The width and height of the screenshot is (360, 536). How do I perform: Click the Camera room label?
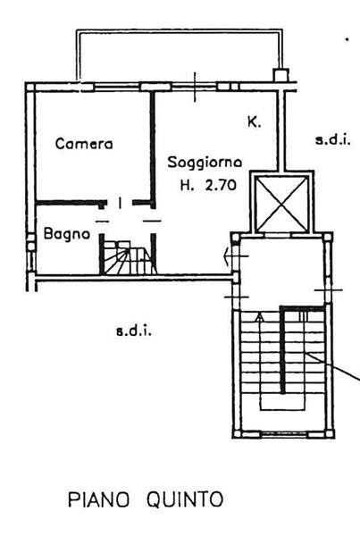click(x=84, y=144)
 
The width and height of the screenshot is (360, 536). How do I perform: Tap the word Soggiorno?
click(x=205, y=162)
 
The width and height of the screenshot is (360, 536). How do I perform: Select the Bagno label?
click(x=67, y=234)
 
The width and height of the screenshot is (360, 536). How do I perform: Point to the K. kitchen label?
click(x=254, y=122)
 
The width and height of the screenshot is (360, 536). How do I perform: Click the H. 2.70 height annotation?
click(x=208, y=185)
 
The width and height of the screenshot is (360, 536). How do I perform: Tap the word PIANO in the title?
click(x=99, y=499)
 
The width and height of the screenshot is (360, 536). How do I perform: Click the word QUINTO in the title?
click(x=185, y=499)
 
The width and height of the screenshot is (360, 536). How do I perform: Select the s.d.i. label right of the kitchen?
click(x=332, y=140)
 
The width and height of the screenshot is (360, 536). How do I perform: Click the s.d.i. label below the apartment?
click(x=134, y=331)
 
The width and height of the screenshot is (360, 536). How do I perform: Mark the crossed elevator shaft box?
click(x=281, y=203)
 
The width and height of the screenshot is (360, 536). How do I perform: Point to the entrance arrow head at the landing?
click(x=226, y=256)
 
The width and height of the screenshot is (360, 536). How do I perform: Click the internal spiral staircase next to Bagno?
click(x=129, y=257)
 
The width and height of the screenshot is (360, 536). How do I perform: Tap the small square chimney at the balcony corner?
click(x=281, y=74)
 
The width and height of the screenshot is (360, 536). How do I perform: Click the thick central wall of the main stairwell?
click(x=282, y=350)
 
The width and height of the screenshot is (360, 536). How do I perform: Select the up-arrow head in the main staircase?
click(x=260, y=317)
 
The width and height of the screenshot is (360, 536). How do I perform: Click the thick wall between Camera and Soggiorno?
click(x=153, y=149)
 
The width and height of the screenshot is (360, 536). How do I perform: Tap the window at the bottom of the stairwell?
click(x=284, y=434)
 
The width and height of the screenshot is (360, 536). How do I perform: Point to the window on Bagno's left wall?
click(x=31, y=254)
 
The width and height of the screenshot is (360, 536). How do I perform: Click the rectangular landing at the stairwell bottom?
click(x=282, y=401)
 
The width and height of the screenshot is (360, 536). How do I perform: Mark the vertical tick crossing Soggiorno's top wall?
click(x=195, y=87)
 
